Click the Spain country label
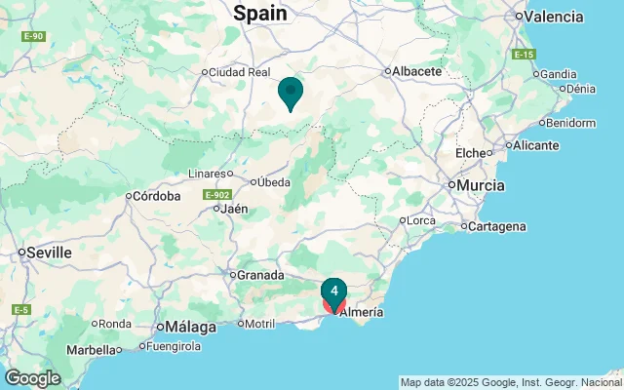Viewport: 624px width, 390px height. (x=260, y=13)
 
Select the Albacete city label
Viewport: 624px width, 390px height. (x=418, y=71)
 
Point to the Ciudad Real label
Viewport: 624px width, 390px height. (x=239, y=71)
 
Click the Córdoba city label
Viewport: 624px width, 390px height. (x=157, y=196)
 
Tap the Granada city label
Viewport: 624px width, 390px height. (x=260, y=274)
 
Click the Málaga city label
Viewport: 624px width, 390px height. (x=191, y=326)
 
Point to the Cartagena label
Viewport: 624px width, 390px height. (x=497, y=226)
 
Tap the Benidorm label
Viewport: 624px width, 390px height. (x=571, y=123)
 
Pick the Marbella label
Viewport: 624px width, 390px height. (x=91, y=349)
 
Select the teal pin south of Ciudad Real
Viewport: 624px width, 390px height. (x=290, y=94)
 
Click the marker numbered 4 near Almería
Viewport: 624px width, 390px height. (x=334, y=292)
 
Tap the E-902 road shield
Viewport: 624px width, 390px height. (x=216, y=195)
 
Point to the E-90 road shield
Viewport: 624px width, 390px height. (x=34, y=37)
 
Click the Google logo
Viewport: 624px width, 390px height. (x=32, y=378)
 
